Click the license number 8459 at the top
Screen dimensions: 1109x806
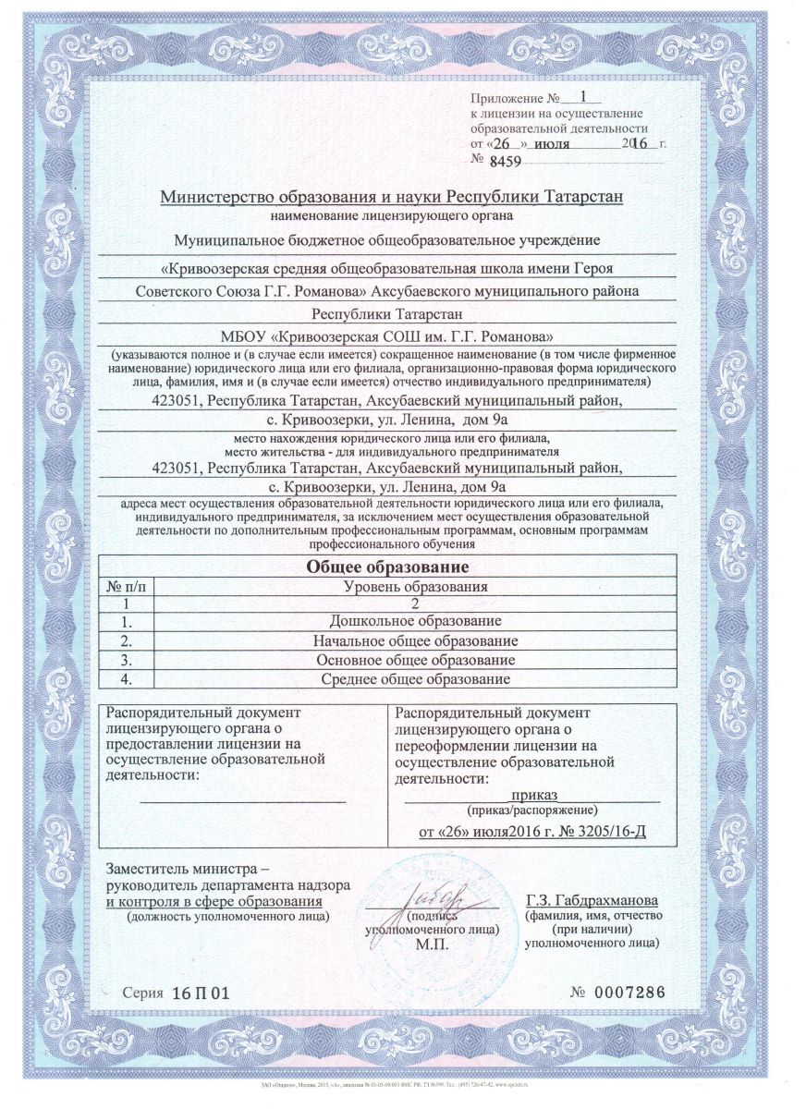[x=504, y=162]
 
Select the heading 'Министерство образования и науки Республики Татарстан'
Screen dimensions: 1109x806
[x=392, y=197]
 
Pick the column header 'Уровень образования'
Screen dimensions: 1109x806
[x=415, y=586]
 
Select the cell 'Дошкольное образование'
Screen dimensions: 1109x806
[x=415, y=621]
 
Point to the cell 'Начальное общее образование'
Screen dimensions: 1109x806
[x=415, y=640]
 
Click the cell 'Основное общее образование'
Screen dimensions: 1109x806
[x=415, y=660]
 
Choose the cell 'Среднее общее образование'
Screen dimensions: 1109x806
[x=415, y=679]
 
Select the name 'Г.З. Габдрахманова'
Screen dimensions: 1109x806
[x=592, y=900]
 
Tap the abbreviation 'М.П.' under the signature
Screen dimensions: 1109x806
[x=431, y=945]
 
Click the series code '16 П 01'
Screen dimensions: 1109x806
[x=200, y=993]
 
